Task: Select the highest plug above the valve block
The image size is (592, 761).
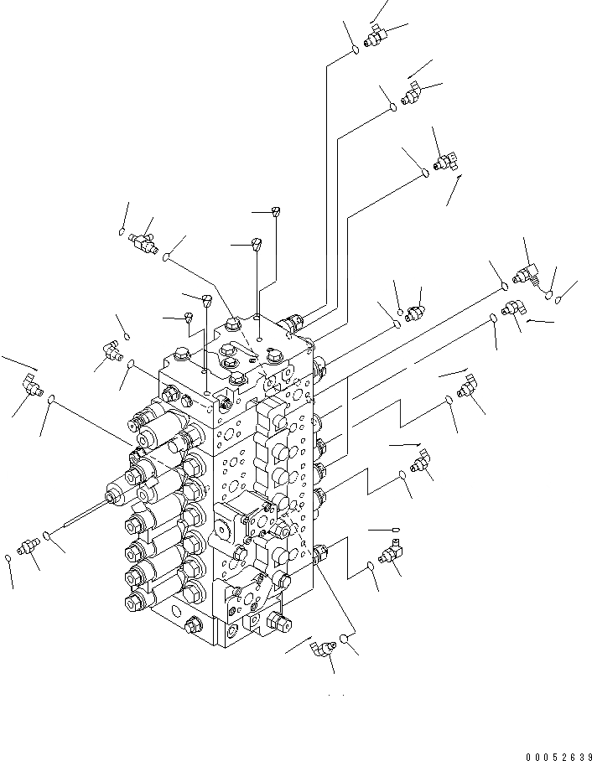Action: [278, 212]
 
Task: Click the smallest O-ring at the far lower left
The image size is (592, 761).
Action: [9, 557]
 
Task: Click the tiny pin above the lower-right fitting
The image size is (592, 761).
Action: [395, 530]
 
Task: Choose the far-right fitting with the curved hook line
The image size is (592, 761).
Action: [526, 273]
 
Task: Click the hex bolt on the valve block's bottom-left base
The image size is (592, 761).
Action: [194, 624]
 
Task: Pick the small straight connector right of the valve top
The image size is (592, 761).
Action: [413, 313]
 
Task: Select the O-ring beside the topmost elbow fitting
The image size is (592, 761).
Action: [355, 50]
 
